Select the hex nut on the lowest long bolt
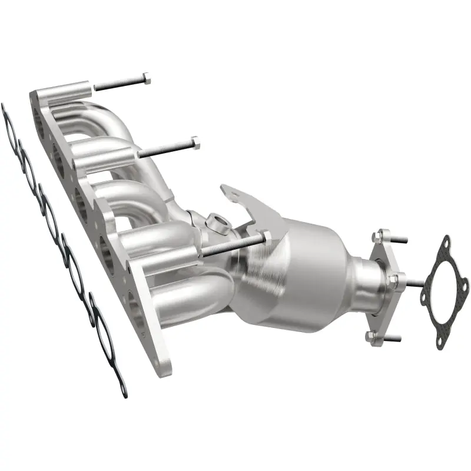266,236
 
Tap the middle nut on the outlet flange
394,277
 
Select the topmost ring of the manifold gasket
9,124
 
